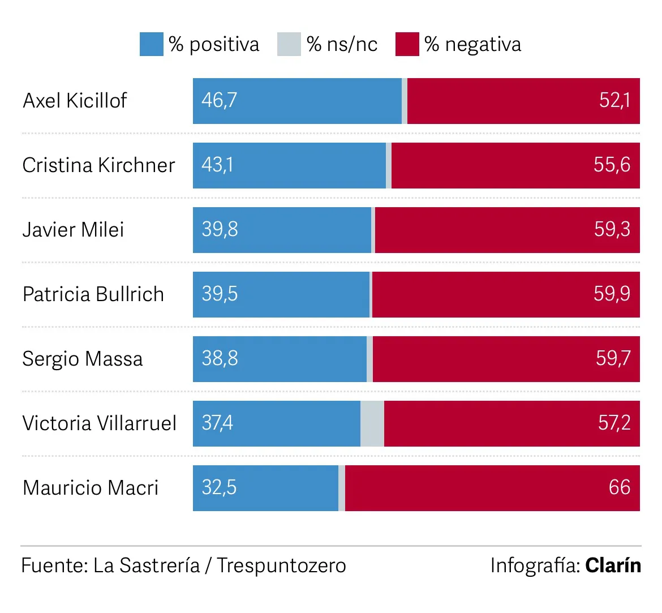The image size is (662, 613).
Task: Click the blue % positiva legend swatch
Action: pyautogui.click(x=151, y=44)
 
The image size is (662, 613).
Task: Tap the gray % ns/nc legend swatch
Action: pyautogui.click(x=289, y=44)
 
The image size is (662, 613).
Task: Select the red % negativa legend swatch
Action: pyautogui.click(x=407, y=44)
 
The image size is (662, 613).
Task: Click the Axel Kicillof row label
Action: pyautogui.click(x=75, y=101)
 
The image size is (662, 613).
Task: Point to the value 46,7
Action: pyautogui.click(x=219, y=101)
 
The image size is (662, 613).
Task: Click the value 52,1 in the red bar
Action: pyautogui.click(x=614, y=101)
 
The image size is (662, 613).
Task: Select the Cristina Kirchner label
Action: pyautogui.click(x=98, y=165)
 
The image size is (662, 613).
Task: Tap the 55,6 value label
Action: pyautogui.click(x=612, y=165)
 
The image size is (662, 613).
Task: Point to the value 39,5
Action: pyautogui.click(x=220, y=294)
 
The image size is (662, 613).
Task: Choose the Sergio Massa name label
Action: pyautogui.click(x=83, y=359)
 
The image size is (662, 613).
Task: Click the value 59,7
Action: pyautogui.click(x=613, y=359)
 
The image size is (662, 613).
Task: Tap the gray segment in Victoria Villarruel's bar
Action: pyautogui.click(x=372, y=423)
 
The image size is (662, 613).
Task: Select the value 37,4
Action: pyautogui.click(x=217, y=423)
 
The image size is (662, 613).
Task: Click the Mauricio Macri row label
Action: pyautogui.click(x=91, y=488)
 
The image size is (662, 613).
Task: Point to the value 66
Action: pyautogui.click(x=620, y=488)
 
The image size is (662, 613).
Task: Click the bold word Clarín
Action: pyautogui.click(x=613, y=565)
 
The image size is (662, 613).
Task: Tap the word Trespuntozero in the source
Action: pyautogui.click(x=281, y=565)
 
